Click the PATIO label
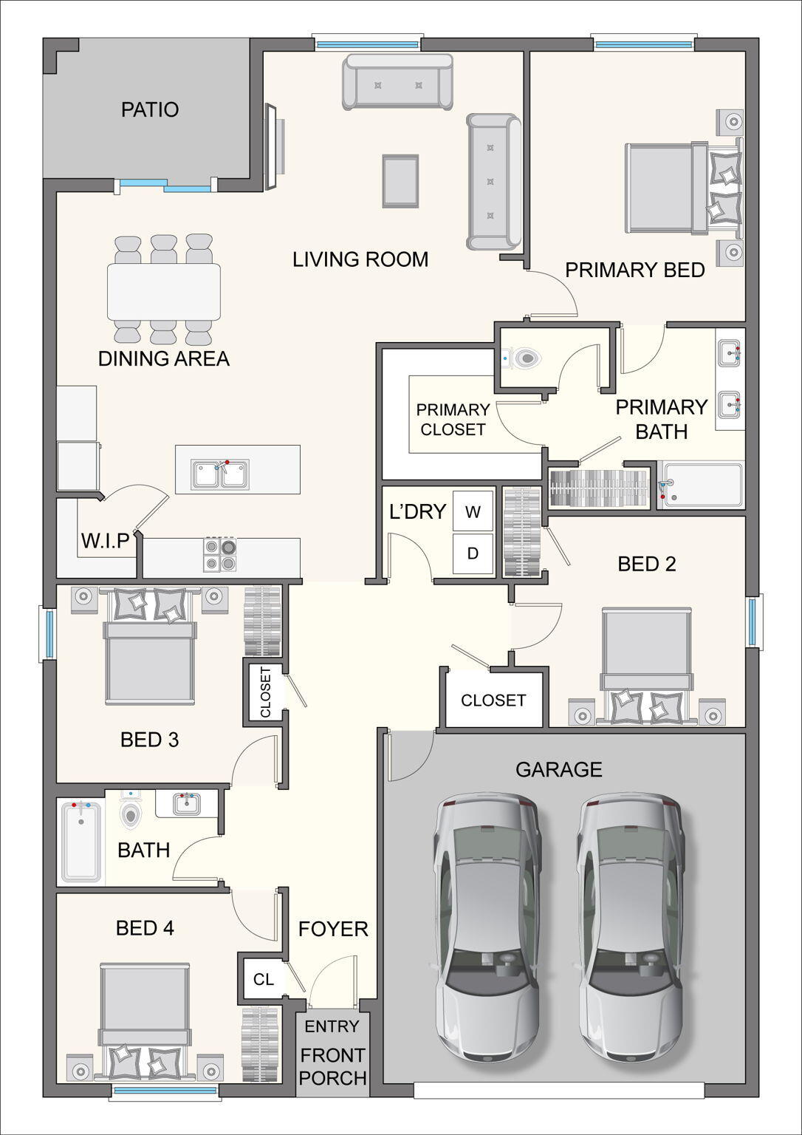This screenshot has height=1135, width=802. tap(150, 110)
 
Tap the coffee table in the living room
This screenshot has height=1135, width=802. tap(400, 180)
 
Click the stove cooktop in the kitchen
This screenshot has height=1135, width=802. tap(220, 555)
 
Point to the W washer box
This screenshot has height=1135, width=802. tap(473, 511)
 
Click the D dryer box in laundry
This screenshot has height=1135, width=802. tap(473, 553)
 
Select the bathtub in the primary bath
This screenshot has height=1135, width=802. tap(702, 485)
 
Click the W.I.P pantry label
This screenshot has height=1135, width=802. tap(106, 541)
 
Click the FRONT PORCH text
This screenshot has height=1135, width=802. tap(332, 1066)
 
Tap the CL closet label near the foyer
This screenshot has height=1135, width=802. tap(264, 979)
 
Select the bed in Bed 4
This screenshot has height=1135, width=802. tap(145, 1020)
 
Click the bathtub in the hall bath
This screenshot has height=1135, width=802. tap(81, 842)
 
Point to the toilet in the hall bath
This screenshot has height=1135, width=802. tap(131, 813)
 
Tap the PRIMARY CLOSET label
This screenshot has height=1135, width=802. tap(453, 420)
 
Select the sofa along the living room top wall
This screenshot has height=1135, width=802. tap(397, 82)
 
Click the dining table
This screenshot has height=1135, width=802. tap(164, 291)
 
